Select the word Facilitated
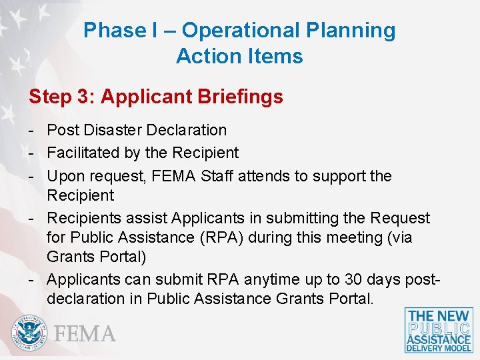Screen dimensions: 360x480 [x=84, y=153]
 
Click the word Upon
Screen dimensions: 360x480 [x=65, y=176]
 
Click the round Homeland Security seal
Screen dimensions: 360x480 [x=29, y=333]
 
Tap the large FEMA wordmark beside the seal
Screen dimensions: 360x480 [x=85, y=333]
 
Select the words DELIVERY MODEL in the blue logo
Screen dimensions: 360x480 [x=439, y=348]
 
